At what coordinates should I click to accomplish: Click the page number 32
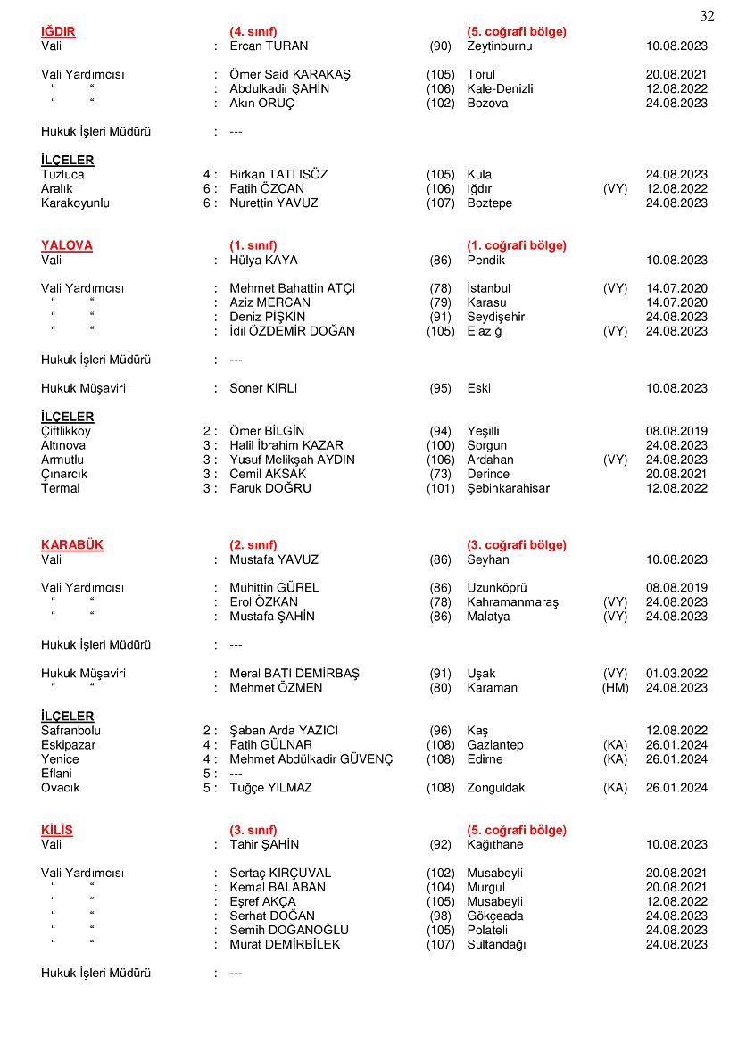pyautogui.click(x=707, y=16)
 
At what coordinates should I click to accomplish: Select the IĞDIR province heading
pyautogui.click(x=58, y=32)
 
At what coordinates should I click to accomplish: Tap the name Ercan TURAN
pyautogui.click(x=268, y=46)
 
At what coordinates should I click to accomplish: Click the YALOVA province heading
pyautogui.click(x=67, y=245)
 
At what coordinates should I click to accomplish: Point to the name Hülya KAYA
pyautogui.click(x=263, y=261)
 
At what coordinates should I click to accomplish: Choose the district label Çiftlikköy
pyautogui.click(x=65, y=431)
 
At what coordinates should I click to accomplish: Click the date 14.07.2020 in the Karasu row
pyautogui.click(x=676, y=303)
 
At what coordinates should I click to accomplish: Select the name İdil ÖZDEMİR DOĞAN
pyautogui.click(x=292, y=332)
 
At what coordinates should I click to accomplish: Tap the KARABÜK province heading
pyautogui.click(x=72, y=545)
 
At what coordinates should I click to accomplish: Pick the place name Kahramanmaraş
pyautogui.click(x=512, y=602)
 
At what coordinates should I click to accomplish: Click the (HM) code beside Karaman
pyautogui.click(x=615, y=688)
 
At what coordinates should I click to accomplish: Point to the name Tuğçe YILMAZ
pyautogui.click(x=270, y=788)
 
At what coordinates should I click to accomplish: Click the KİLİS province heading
pyautogui.click(x=57, y=830)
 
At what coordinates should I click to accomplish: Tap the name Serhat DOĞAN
pyautogui.click(x=272, y=916)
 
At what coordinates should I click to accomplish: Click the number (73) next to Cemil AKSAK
pyautogui.click(x=440, y=475)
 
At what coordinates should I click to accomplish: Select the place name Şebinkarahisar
pyautogui.click(x=508, y=489)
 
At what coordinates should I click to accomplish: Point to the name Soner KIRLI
pyautogui.click(x=262, y=389)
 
